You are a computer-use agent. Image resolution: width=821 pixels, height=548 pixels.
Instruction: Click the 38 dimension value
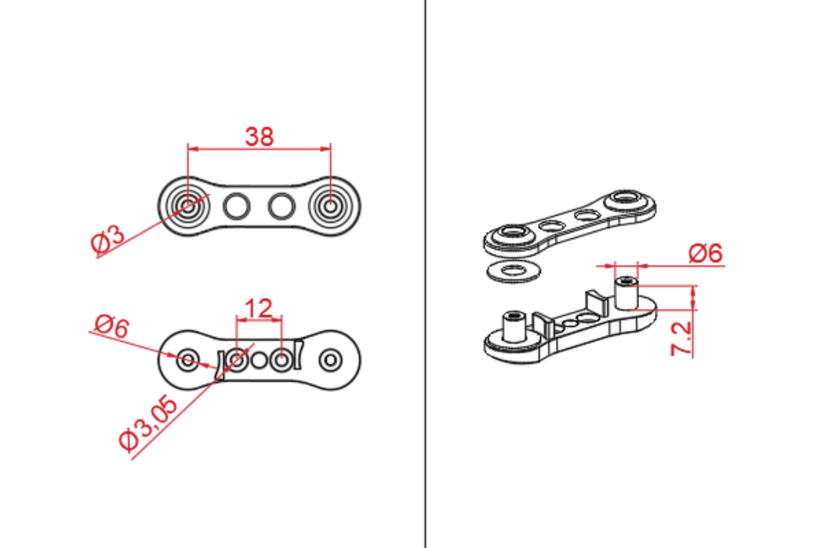(260, 136)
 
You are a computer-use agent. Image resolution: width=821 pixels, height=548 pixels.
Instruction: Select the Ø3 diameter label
(107, 239)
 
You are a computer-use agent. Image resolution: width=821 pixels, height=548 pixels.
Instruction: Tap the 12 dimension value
(259, 308)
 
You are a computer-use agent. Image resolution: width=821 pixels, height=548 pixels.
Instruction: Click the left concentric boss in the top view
(188, 206)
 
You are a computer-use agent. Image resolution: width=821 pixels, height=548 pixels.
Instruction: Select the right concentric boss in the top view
(330, 206)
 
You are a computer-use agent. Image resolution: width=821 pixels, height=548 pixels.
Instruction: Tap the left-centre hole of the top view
(236, 206)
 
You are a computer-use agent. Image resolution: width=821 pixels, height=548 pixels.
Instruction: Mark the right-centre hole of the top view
(280, 206)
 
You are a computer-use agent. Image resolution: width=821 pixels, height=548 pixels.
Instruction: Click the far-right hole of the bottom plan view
(331, 360)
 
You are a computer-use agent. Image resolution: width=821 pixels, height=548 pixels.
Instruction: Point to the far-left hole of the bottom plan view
(188, 360)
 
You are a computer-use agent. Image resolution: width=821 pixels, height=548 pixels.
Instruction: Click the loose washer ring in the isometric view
(514, 270)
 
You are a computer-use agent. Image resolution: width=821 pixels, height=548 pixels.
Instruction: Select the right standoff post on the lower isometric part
(625, 292)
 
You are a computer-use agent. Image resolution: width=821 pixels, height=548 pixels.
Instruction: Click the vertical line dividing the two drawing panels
(425, 274)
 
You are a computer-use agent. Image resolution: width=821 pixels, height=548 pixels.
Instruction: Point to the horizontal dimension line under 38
(260, 147)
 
